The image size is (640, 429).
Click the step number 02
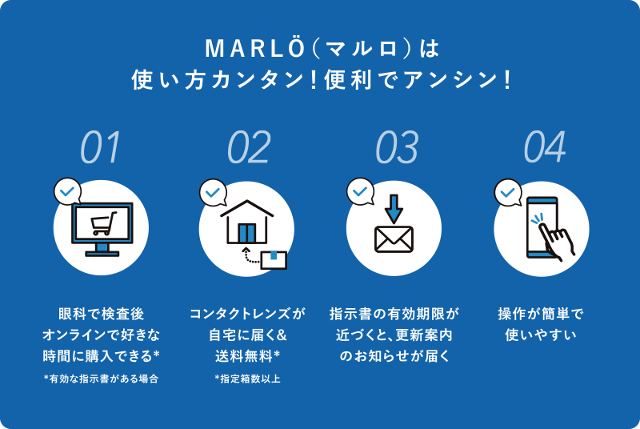tap(248, 147)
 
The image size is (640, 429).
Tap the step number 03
tap(396, 147)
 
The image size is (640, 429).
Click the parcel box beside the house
tap(274, 258)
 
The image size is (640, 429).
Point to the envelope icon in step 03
tap(394, 239)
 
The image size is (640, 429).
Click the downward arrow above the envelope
tap(394, 207)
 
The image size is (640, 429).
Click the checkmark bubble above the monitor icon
tap(67, 192)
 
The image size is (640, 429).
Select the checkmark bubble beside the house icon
tap(213, 192)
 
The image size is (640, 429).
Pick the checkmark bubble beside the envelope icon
tap(360, 192)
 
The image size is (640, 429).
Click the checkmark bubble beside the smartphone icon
tap(508, 192)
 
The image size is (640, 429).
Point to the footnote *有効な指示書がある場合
tap(101, 379)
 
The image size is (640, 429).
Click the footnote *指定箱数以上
tap(248, 379)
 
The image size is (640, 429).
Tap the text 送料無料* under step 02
tap(248, 355)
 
